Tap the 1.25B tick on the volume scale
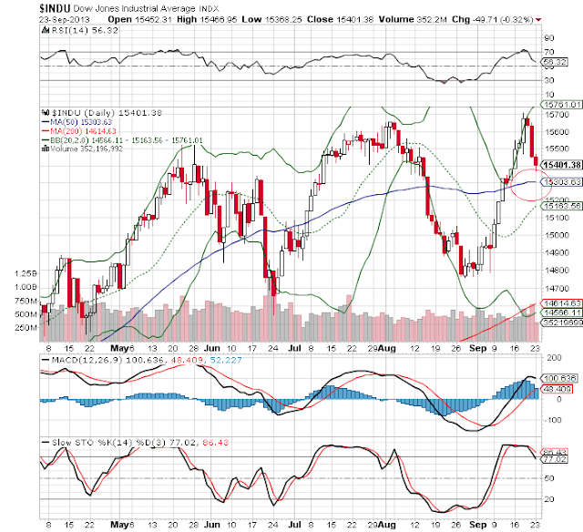26,272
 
